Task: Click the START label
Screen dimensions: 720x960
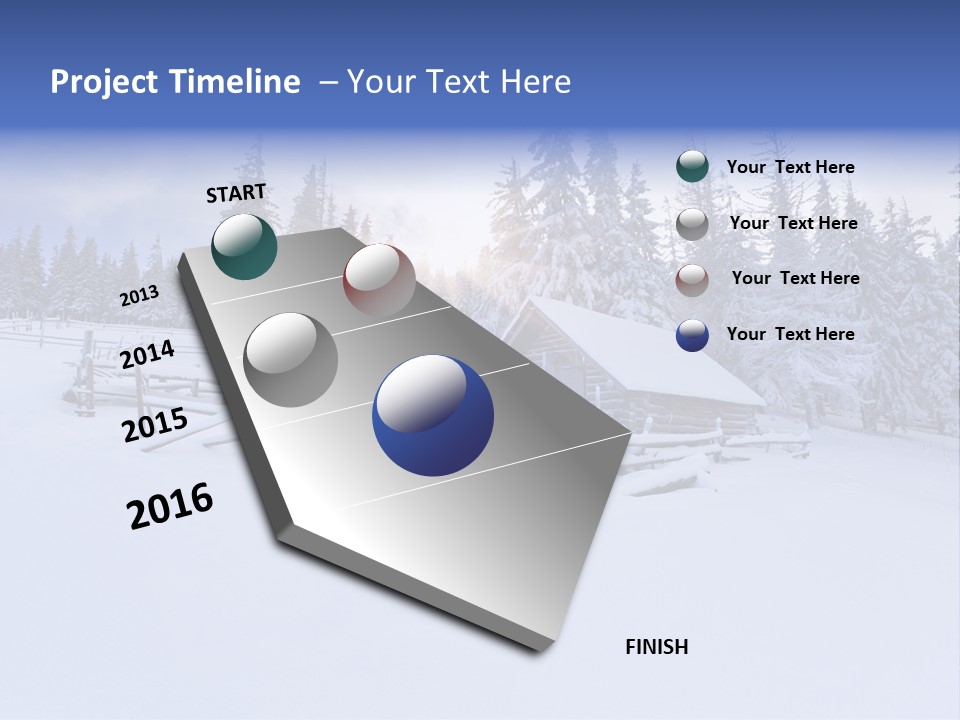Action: pyautogui.click(x=236, y=192)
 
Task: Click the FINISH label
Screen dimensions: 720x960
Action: pyautogui.click(x=656, y=647)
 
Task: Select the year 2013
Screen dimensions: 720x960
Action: pyautogui.click(x=139, y=296)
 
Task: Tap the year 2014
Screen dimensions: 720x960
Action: pyautogui.click(x=147, y=355)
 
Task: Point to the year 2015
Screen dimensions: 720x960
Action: pyautogui.click(x=154, y=425)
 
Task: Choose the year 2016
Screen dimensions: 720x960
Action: pyautogui.click(x=170, y=506)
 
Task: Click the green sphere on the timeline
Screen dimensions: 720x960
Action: pyautogui.click(x=244, y=246)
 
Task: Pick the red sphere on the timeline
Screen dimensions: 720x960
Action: pyautogui.click(x=379, y=279)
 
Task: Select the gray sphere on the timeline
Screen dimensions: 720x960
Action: pyautogui.click(x=291, y=359)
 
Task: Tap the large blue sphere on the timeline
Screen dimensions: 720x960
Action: pyautogui.click(x=433, y=415)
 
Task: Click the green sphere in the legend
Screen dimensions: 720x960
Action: pyautogui.click(x=692, y=167)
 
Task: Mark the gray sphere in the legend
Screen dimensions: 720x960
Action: pyautogui.click(x=692, y=223)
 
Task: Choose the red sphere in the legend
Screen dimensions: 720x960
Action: pyautogui.click(x=692, y=279)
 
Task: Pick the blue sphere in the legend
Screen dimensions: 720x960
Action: pyautogui.click(x=692, y=335)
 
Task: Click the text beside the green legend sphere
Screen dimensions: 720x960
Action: pyautogui.click(x=790, y=167)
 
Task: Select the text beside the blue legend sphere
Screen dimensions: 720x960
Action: pyautogui.click(x=790, y=334)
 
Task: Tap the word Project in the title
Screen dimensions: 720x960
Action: pyautogui.click(x=100, y=82)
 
